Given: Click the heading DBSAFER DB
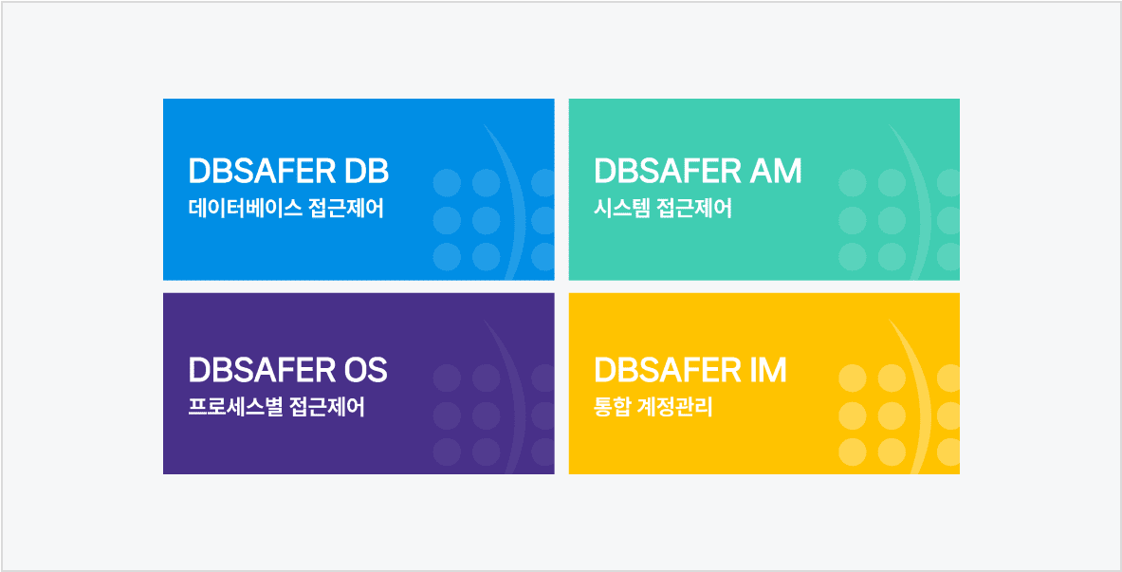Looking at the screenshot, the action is tap(288, 171).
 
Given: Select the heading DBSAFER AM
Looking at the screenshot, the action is tap(698, 171).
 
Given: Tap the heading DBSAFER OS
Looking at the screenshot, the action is tap(287, 370).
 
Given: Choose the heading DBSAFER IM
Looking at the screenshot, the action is tap(690, 370).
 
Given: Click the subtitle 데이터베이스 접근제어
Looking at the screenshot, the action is tap(286, 209).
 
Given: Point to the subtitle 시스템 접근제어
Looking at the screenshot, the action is tap(663, 209).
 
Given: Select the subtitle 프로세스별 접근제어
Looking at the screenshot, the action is tap(276, 408).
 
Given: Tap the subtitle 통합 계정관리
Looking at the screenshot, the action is tap(653, 408).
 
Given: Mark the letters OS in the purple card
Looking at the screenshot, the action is tap(366, 370).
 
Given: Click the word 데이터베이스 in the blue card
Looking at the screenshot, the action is tap(244, 209).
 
